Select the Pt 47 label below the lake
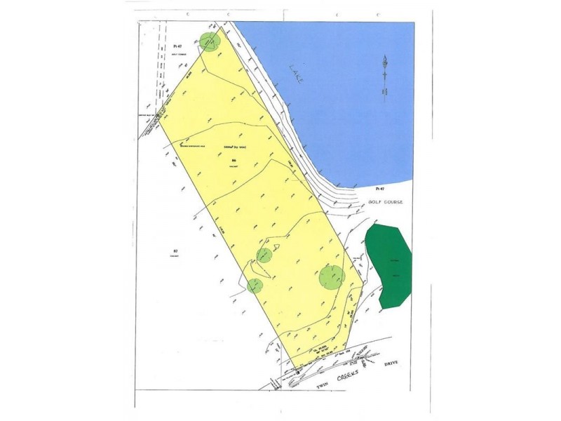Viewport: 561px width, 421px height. click(x=380, y=189)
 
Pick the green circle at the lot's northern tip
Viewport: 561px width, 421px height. click(x=209, y=41)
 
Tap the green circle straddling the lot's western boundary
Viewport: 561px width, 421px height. click(x=255, y=286)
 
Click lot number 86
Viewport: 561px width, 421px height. click(x=233, y=161)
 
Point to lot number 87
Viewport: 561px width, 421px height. click(x=175, y=250)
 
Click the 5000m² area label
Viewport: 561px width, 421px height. click(x=230, y=147)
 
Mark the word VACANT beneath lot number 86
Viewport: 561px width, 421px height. click(x=234, y=167)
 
